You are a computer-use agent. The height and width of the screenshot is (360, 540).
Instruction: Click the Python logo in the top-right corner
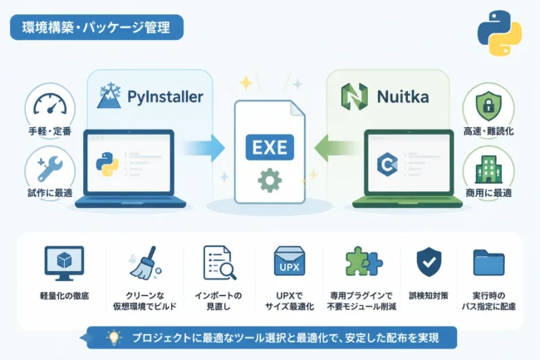[499, 33]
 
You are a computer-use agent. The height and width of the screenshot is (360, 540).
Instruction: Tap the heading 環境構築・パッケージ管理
[96, 27]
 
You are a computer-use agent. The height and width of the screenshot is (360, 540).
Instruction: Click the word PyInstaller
[165, 96]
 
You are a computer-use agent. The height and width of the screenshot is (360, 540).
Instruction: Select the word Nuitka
[403, 96]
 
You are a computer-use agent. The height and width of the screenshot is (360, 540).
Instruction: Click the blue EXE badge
[270, 147]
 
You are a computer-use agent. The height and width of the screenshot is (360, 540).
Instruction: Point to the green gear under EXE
[270, 180]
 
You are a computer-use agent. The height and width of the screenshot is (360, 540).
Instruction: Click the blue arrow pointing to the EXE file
[204, 148]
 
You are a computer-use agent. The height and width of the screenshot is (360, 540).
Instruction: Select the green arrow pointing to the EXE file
[335, 148]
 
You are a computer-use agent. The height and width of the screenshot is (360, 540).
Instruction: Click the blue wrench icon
[50, 169]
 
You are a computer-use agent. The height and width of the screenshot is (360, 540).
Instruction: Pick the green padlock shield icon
[488, 106]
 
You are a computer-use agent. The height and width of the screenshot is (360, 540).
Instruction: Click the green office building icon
[488, 169]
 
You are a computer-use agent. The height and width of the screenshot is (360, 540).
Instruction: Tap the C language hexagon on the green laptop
[387, 165]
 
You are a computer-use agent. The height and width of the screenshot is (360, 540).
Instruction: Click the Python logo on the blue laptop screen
[107, 164]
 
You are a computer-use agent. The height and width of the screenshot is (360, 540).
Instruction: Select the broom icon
[145, 263]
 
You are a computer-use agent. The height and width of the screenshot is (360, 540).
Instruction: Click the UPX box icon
[289, 261]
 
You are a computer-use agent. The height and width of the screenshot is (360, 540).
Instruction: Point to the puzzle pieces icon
[364, 261]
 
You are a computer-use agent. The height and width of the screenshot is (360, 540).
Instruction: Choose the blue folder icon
[488, 263]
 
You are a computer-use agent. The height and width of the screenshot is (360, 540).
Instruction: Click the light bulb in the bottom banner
[114, 338]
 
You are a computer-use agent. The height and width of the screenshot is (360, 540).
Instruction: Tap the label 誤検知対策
[429, 296]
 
